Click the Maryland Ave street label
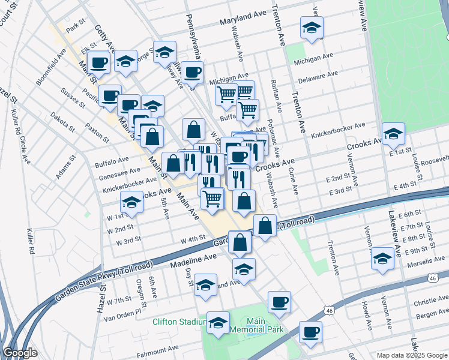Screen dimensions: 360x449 pos(242,21)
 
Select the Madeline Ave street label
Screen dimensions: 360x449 pos(193,259)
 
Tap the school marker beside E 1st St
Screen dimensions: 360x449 pos(393,134)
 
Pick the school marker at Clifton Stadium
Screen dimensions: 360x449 pos(218,323)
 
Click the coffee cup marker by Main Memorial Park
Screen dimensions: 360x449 pos(279,302)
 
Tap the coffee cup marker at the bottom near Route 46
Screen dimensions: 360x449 pos(310,332)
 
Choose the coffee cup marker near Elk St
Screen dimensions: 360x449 pos(98,62)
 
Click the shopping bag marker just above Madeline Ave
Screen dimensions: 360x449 pos(240,243)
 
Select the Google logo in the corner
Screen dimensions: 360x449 pos(20,353)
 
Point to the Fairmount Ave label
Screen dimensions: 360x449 pos(159,348)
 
